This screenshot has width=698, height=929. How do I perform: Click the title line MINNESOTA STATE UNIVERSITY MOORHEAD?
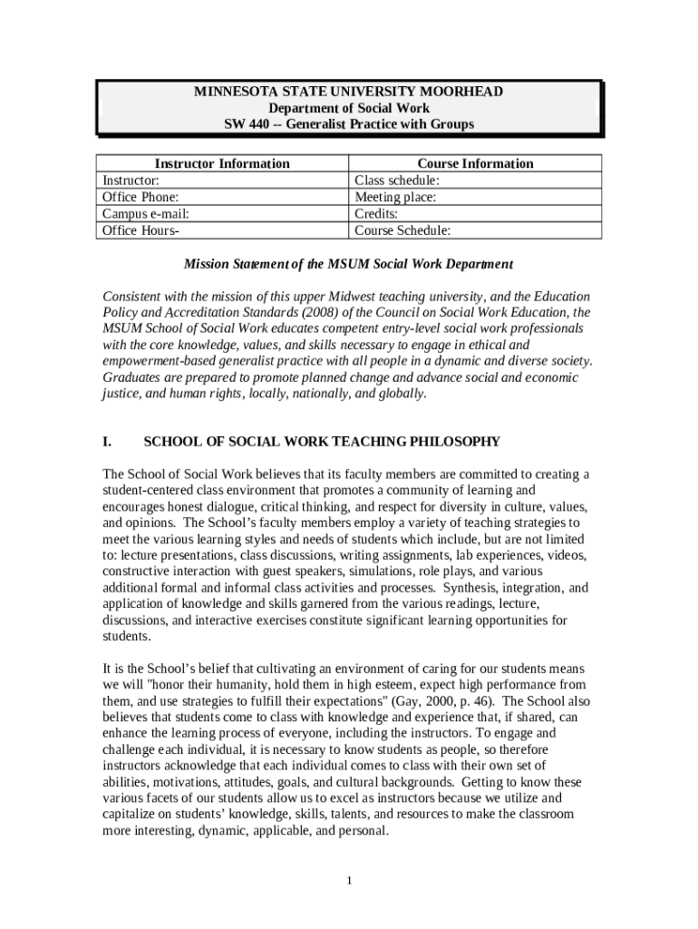click(349, 93)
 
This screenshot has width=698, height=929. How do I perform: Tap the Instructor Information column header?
click(222, 164)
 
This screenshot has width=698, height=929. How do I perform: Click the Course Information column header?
click(475, 164)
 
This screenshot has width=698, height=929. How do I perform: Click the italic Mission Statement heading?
click(348, 265)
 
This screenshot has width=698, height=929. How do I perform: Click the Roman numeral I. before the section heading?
click(107, 442)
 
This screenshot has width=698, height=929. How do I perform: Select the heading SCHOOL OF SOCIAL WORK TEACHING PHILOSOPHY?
click(322, 442)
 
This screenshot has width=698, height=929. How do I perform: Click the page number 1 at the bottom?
click(349, 881)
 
